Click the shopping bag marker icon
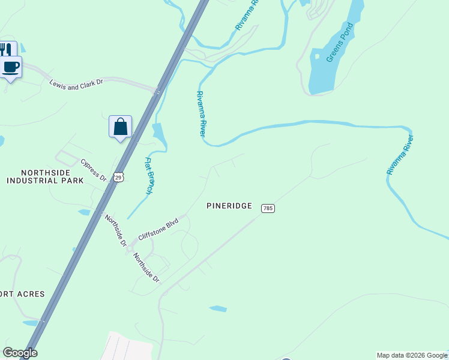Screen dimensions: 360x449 click(x=120, y=127)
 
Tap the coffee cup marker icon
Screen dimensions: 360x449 click(x=11, y=67)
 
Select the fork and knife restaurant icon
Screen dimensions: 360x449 click(x=5, y=49)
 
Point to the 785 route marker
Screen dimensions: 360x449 click(x=268, y=208)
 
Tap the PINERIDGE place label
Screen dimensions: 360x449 click(x=229, y=205)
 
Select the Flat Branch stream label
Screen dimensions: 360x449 click(x=149, y=175)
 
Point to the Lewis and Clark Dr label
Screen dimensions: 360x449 click(x=76, y=82)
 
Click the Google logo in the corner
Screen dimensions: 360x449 click(x=20, y=353)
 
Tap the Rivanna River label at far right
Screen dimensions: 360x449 click(x=401, y=155)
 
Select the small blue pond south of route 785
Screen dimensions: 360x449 click(x=218, y=309)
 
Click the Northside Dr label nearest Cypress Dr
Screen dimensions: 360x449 click(x=115, y=230)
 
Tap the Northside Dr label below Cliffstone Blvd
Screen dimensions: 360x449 click(x=146, y=268)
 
